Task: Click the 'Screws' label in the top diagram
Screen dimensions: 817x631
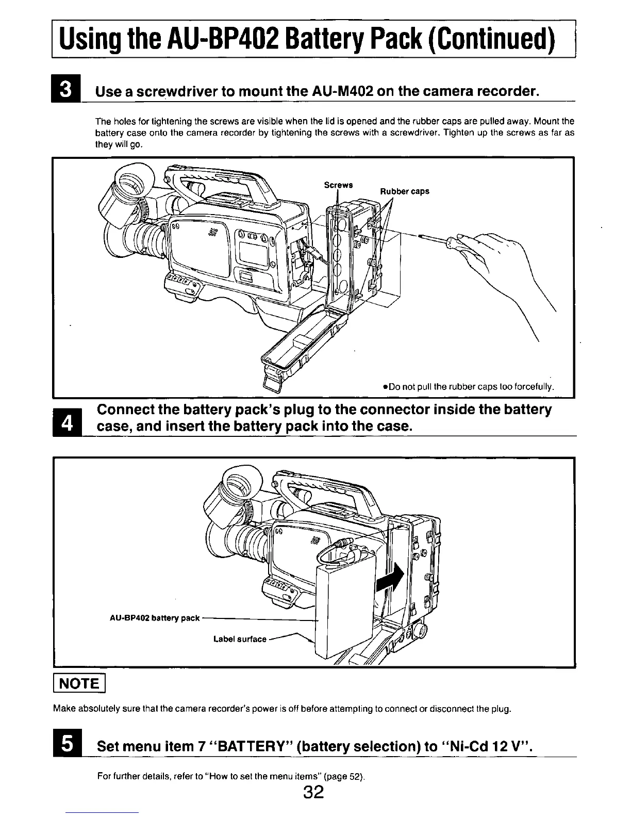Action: pos(338,185)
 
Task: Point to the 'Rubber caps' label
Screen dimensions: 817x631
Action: pos(405,191)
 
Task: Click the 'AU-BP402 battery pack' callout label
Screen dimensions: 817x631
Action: pos(155,618)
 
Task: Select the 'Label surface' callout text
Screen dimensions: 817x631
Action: pos(240,639)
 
